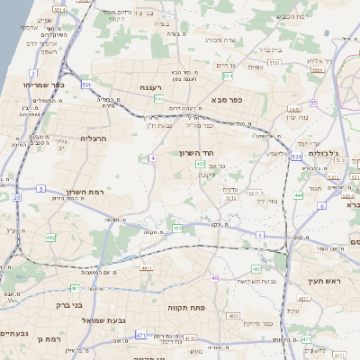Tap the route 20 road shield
coord(17,196)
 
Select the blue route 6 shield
coord(321,206)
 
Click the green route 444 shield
coord(299,194)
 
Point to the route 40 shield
coord(214,278)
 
